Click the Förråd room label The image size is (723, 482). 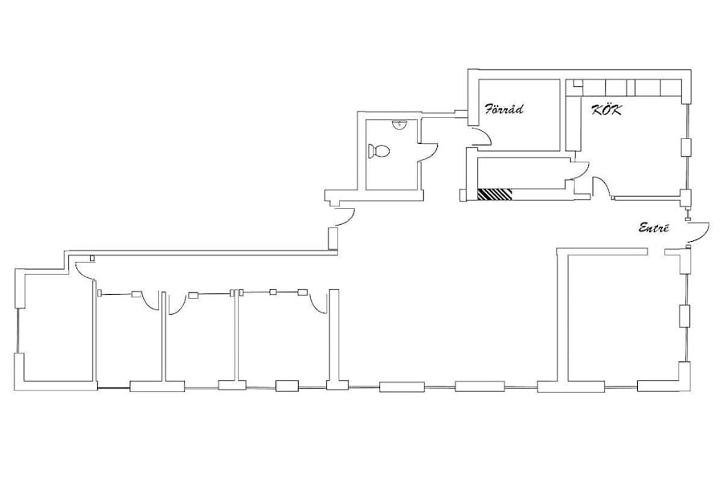[x=503, y=109]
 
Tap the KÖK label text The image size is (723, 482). [x=607, y=110]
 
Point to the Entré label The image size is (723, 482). [x=654, y=227]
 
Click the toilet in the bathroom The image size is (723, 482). [x=378, y=151]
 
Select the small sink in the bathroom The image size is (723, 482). [x=398, y=124]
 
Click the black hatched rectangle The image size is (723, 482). [x=495, y=194]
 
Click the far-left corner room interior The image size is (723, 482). [x=59, y=328]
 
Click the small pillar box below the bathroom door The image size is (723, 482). [x=333, y=238]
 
